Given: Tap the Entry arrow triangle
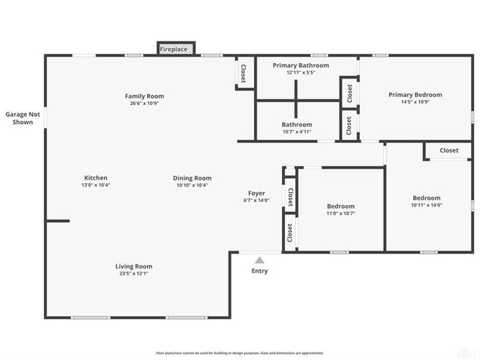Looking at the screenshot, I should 259,260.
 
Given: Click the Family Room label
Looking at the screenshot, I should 144,96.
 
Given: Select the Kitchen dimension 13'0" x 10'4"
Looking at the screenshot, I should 95,185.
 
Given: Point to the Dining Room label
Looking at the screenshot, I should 192,178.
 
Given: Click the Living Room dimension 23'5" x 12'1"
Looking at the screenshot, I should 134,274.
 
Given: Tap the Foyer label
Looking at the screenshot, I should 257,193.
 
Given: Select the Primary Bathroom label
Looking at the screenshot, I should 301,65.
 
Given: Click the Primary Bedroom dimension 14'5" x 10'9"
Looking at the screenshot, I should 415,102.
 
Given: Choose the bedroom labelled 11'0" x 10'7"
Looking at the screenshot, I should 340,209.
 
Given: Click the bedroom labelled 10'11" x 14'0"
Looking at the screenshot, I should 426,202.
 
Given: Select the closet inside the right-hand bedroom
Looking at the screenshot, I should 448,151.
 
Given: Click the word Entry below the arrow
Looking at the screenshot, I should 259,271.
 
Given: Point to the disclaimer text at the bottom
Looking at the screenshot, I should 240,353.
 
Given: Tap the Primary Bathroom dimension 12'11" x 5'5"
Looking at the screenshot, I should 301,72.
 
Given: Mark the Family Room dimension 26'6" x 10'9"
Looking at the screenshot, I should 144,103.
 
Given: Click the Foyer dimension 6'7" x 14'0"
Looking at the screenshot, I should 257,200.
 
